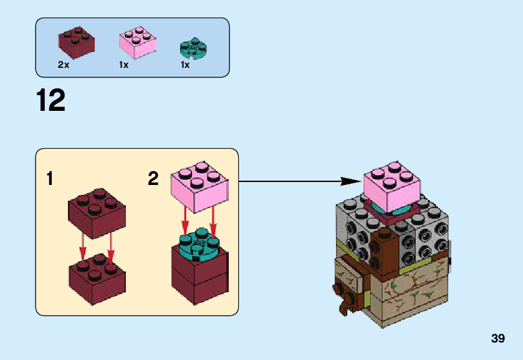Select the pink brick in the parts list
[137, 42]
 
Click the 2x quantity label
[63, 65]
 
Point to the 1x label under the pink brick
[123, 65]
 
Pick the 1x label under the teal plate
[185, 65]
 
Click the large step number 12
[51, 101]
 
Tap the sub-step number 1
[50, 179]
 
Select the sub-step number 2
[153, 179]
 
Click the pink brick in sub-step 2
[199, 184]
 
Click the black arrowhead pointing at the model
[350, 181]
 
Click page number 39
[497, 339]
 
